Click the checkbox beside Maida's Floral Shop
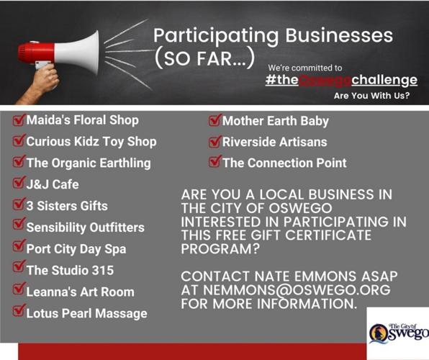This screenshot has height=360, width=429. [19, 120]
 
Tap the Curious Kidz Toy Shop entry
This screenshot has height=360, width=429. [91, 142]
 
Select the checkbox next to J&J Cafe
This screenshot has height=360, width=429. [19, 184]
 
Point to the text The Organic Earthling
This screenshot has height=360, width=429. [89, 163]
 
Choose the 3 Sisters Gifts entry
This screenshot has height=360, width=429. [66, 205]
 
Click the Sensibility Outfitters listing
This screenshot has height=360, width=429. [85, 227]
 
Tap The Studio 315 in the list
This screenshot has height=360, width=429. [69, 270]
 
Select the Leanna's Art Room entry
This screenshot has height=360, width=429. [80, 291]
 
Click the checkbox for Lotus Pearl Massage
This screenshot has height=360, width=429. [19, 312]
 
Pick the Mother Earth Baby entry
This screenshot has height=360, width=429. [275, 121]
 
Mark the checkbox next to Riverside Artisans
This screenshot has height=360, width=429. [214, 142]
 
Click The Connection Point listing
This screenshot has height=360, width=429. [284, 163]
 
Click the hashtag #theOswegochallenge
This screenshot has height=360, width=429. [340, 79]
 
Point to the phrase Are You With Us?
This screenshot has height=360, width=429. [377, 95]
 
